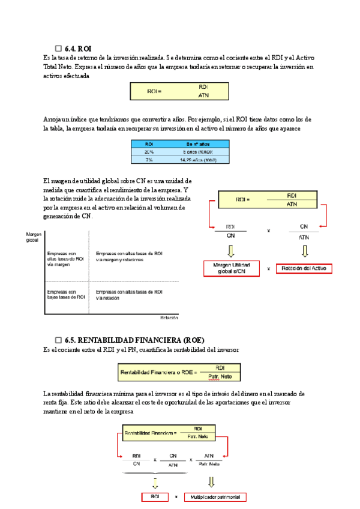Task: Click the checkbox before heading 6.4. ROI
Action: click(58, 48)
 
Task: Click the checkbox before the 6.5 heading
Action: click(58, 340)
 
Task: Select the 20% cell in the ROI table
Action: click(149, 152)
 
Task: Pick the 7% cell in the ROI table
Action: click(149, 160)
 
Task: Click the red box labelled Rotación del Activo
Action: click(304, 268)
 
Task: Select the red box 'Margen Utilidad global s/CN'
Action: click(232, 268)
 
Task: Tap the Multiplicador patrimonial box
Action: click(216, 497)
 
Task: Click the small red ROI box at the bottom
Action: click(155, 497)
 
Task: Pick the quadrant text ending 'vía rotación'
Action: click(129, 294)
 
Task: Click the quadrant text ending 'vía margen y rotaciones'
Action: click(129, 256)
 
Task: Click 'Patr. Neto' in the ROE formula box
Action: click(221, 376)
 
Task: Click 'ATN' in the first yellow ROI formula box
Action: click(203, 94)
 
